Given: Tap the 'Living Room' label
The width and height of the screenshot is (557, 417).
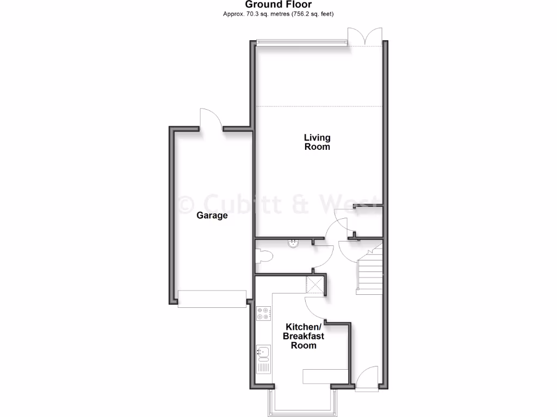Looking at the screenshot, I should point(317,142).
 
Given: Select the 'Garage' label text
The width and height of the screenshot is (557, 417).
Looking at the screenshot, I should point(212,216).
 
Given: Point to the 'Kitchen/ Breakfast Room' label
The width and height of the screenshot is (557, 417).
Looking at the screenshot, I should point(303,336).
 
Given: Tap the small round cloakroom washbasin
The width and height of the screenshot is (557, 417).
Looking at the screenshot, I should point(294,243).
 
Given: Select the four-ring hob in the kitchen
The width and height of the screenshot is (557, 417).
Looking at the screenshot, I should point(263,313).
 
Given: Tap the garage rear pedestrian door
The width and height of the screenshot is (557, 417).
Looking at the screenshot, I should point(212,119).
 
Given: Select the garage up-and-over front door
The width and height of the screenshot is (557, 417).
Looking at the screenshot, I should point(212,299).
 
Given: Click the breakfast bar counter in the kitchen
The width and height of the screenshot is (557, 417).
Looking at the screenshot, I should point(325,376).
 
